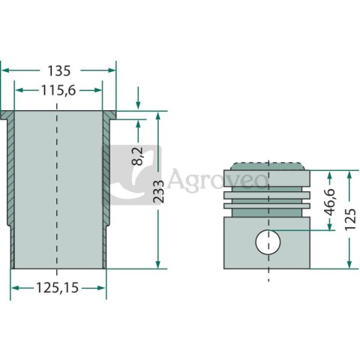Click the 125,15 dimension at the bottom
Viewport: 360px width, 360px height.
(x=58, y=288)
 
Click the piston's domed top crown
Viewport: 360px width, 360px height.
(x=268, y=166)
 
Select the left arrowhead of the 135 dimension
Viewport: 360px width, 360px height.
(x=4, y=70)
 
